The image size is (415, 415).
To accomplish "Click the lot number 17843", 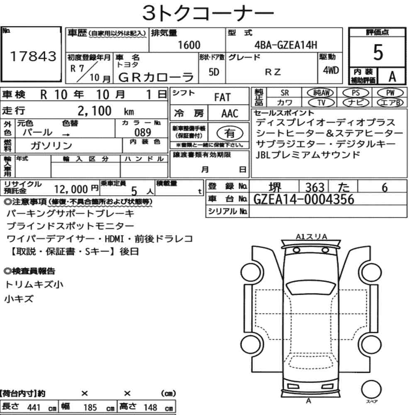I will coord(32,57).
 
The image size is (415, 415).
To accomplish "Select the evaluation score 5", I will coord(378,53).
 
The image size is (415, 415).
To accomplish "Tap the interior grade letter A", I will coord(391,76).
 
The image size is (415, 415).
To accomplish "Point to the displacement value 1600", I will coord(189,45).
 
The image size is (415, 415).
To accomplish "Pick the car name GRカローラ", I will coord(156,77).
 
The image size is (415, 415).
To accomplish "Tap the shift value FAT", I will coord(222,98).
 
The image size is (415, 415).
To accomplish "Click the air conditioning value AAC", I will coord(229,113).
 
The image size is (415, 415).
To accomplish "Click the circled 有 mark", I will coord(229,133).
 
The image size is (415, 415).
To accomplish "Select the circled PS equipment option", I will coord(355,93).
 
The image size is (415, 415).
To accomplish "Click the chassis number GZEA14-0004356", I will coord(304,200).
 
